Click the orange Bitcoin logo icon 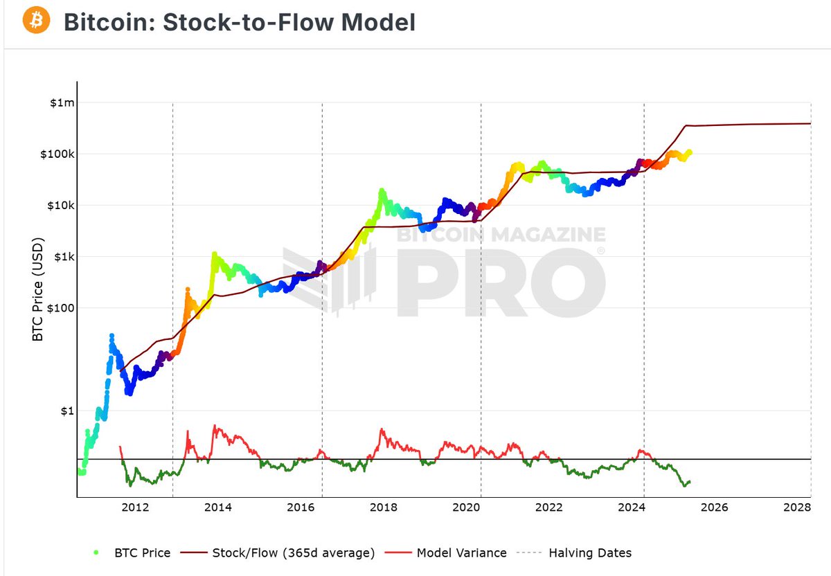[36, 21]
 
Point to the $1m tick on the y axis [61, 102]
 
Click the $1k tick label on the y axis [61, 256]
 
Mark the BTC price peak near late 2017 [382, 190]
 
